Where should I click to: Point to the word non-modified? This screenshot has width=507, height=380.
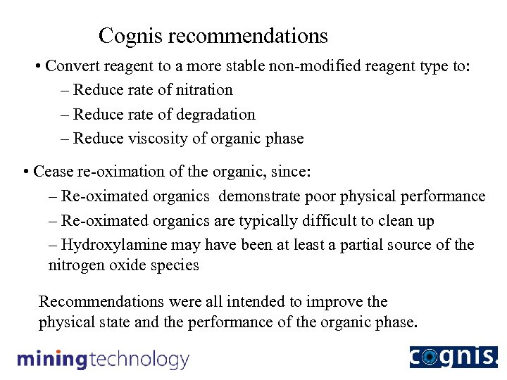click(320, 66)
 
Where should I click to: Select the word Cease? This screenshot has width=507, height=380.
click(53, 172)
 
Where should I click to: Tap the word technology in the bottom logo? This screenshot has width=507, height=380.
click(139, 360)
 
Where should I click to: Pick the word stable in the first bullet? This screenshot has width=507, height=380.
click(250, 66)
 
